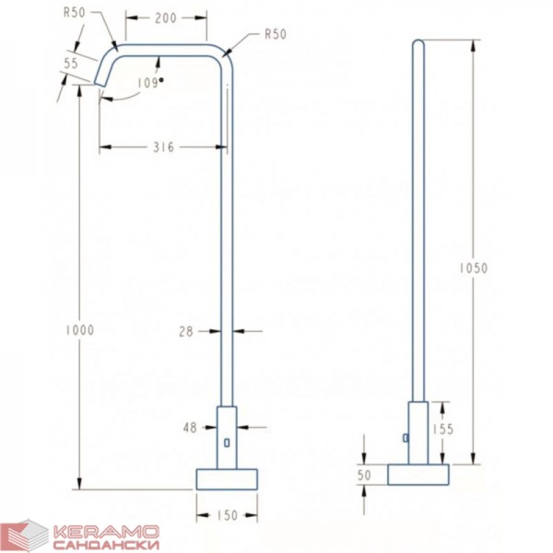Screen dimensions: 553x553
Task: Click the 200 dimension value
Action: tap(166, 18)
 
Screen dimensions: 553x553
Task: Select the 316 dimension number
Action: tap(164, 147)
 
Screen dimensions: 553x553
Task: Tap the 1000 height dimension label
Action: tap(80, 331)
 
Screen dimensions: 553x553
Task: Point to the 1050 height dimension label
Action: tap(474, 268)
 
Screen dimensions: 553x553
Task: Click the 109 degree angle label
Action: tap(150, 83)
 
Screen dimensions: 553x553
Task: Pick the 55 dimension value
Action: tap(71, 64)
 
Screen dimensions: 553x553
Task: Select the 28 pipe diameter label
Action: tap(186, 332)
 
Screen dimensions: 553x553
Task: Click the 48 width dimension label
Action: tap(190, 428)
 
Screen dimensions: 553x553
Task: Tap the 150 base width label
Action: tap(228, 515)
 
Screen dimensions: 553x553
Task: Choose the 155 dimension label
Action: tap(443, 429)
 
